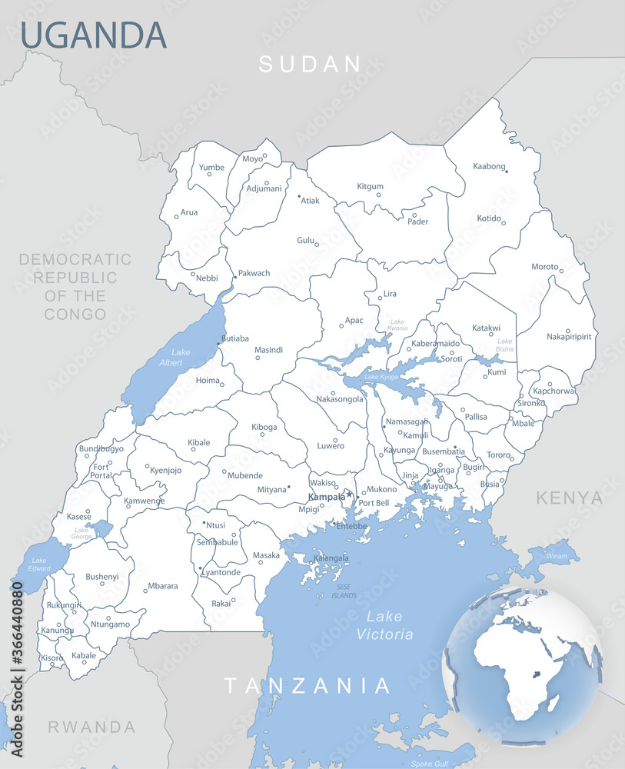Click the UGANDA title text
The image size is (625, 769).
pyautogui.click(x=93, y=35)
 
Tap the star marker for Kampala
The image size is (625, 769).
pyautogui.click(x=350, y=494)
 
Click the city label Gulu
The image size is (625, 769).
pyautogui.click(x=306, y=241)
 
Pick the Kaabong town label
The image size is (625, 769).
pyautogui.click(x=489, y=166)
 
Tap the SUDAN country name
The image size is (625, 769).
pyautogui.click(x=310, y=64)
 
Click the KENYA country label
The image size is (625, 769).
pyautogui.click(x=570, y=498)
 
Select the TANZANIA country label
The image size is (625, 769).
pyautogui.click(x=308, y=685)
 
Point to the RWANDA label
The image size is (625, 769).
pyautogui.click(x=91, y=727)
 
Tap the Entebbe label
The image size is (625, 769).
pyautogui.click(x=351, y=526)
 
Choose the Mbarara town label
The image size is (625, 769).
pyautogui.click(x=162, y=586)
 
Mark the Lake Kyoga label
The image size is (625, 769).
pyautogui.click(x=382, y=378)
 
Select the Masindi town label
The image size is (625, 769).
pyautogui.click(x=268, y=350)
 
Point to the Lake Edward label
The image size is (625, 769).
pyautogui.click(x=38, y=564)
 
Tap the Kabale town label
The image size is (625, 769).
pyautogui.click(x=84, y=656)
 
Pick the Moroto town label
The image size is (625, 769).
pyautogui.click(x=544, y=267)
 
